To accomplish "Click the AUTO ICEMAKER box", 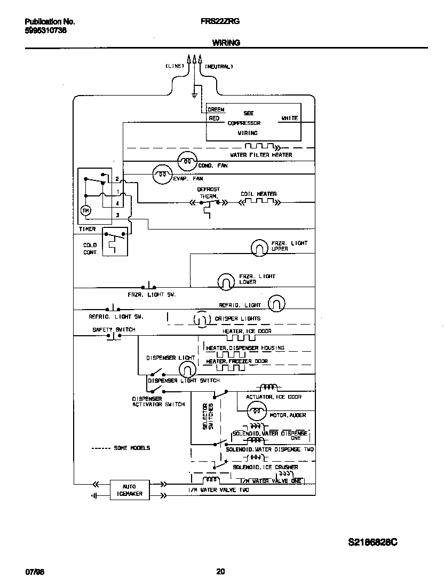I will click(x=130, y=490).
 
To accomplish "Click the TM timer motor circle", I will click(x=85, y=211).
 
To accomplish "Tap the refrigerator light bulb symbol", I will click(x=276, y=303).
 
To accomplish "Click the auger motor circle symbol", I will click(x=257, y=410).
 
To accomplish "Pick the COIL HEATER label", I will click(x=258, y=194).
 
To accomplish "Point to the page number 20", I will click(x=220, y=571).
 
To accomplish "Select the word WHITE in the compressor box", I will click(x=289, y=118).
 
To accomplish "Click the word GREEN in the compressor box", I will click(x=216, y=110).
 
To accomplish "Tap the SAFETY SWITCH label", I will click(x=114, y=330).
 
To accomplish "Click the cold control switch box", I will click(x=115, y=241).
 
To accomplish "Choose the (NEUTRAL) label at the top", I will click(x=219, y=67).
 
